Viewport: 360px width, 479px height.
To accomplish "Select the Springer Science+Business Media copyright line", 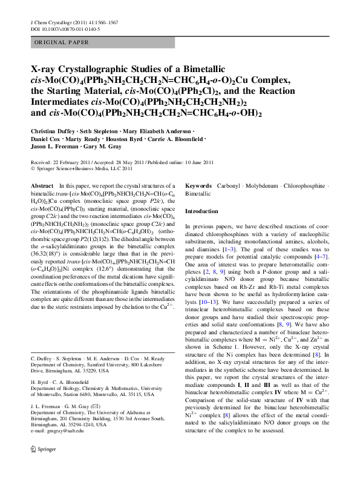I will coord(84,169).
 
